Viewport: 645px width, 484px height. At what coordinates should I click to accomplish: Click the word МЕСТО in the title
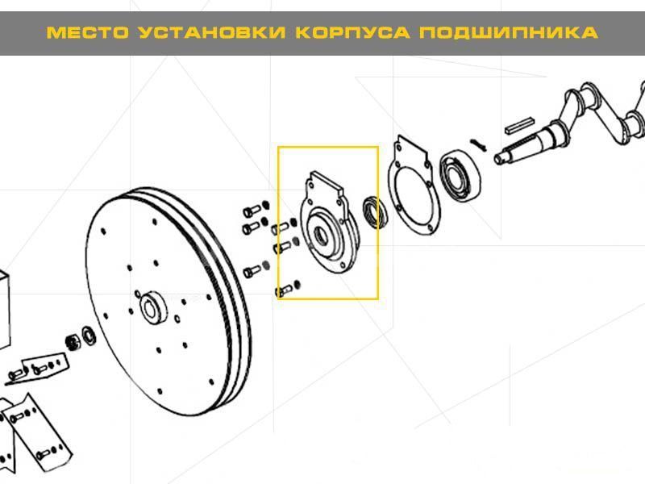[88, 32]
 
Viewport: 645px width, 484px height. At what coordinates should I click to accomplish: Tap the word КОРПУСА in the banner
[353, 32]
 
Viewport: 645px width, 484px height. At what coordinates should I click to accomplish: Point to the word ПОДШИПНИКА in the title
[509, 33]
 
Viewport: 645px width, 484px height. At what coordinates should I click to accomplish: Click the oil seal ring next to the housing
[374, 213]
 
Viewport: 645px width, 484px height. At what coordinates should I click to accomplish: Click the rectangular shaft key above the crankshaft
[520, 126]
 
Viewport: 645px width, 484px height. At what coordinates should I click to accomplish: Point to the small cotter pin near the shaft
[478, 145]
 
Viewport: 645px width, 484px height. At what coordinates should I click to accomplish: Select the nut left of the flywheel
[73, 342]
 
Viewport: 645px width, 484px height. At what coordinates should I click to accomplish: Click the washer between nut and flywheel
[89, 336]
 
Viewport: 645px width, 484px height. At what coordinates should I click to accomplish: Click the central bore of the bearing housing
[321, 236]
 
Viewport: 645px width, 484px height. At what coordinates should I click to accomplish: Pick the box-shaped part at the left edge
[4, 309]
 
